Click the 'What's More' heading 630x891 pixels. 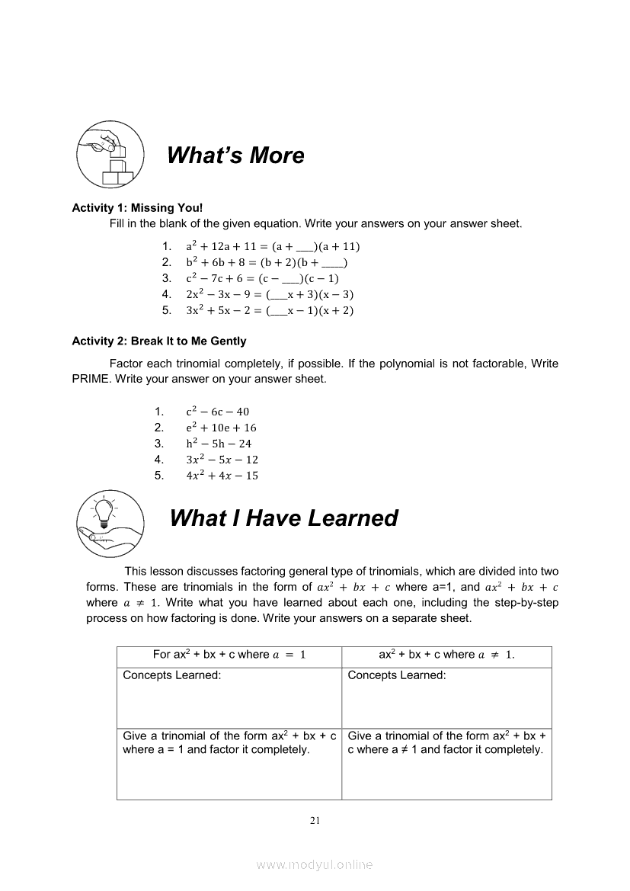tap(235, 155)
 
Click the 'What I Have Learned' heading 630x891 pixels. tap(283, 518)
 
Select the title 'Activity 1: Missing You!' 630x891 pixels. tap(137, 207)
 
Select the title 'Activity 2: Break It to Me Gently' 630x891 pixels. tap(159, 341)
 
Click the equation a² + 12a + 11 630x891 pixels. tap(273, 246)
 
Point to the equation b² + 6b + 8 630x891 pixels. tap(267, 262)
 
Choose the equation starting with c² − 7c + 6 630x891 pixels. tap(262, 278)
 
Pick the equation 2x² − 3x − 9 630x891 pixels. tap(270, 294)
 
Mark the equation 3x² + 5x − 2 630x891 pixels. tap(270, 310)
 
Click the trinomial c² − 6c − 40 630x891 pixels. tap(217, 412)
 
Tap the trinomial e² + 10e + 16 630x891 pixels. tap(221, 428)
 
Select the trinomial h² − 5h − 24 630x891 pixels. tap(219, 444)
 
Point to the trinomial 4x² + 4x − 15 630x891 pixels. tap(222, 476)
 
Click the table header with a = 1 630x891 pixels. tap(229, 655)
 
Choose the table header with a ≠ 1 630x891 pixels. tap(446, 655)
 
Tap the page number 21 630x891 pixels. tap(315, 821)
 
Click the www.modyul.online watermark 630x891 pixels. tap(315, 864)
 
